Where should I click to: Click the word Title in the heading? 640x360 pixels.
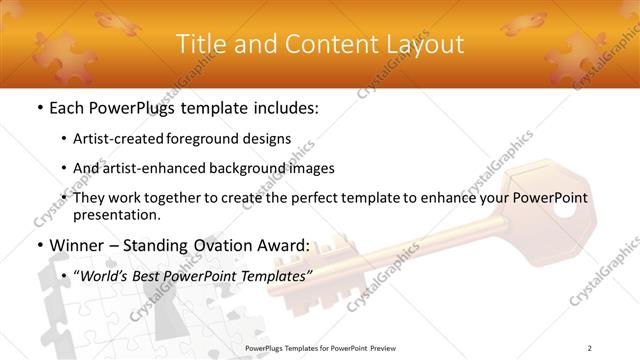tap(200, 45)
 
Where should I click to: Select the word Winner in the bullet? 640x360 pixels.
tap(75, 245)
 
